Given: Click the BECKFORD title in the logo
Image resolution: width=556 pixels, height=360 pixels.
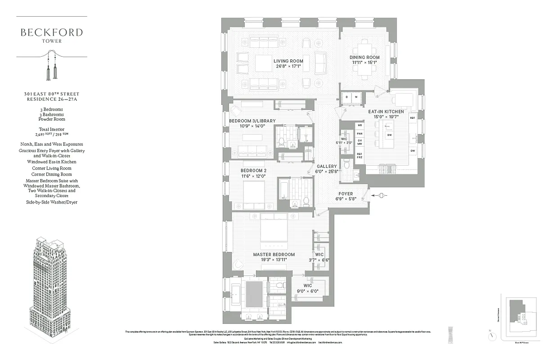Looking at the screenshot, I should click(51, 32).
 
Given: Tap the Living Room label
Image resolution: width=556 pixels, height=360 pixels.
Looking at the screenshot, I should click(288, 61).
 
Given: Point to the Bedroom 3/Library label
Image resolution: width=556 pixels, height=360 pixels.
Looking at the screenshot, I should click(252, 121).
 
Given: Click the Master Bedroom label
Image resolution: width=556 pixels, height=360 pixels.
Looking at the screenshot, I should click(274, 255).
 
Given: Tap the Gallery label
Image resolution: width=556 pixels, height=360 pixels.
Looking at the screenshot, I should click(327, 166).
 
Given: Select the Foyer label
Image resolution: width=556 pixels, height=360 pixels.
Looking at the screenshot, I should click(346, 194).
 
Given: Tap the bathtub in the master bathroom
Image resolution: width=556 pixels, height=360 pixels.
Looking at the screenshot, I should click(236, 292).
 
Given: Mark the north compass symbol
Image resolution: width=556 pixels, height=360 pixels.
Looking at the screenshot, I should click(492, 336).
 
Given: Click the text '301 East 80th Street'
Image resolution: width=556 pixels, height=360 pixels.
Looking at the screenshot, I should click(51, 94).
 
